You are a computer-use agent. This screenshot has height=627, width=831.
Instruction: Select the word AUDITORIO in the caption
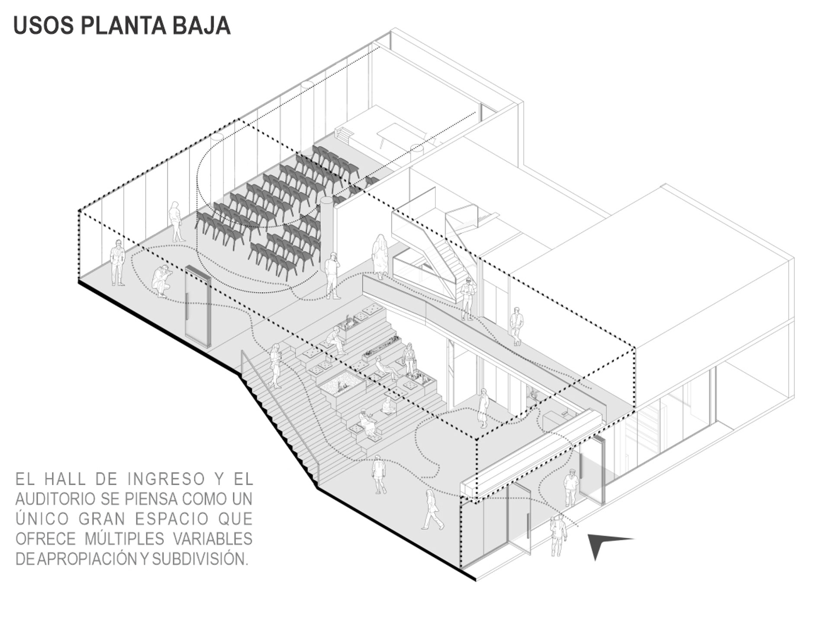[55, 499]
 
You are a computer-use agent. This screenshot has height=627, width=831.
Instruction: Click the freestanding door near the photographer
[198, 306]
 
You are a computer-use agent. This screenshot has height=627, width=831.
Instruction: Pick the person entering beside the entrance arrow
[558, 535]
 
